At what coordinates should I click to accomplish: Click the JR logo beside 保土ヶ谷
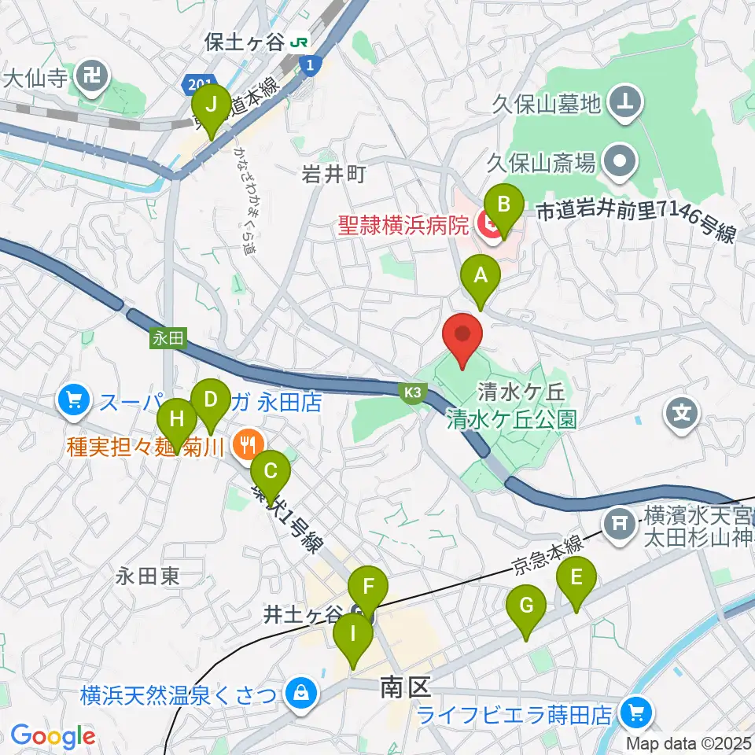299,42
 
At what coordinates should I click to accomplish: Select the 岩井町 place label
334,175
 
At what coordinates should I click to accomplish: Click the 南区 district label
405,688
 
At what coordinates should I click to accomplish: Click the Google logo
52,736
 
